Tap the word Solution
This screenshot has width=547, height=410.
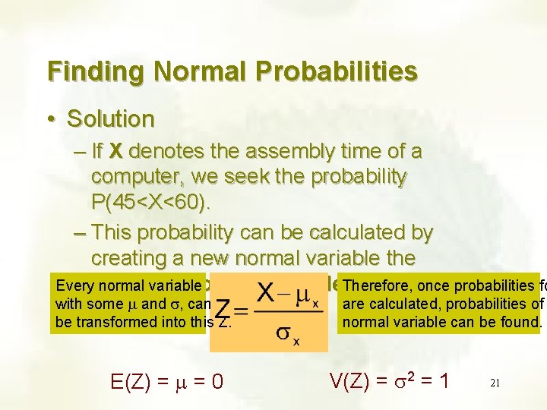pos(110,118)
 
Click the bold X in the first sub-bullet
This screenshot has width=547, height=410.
pos(115,151)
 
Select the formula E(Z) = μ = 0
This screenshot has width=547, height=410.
pos(166,377)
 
